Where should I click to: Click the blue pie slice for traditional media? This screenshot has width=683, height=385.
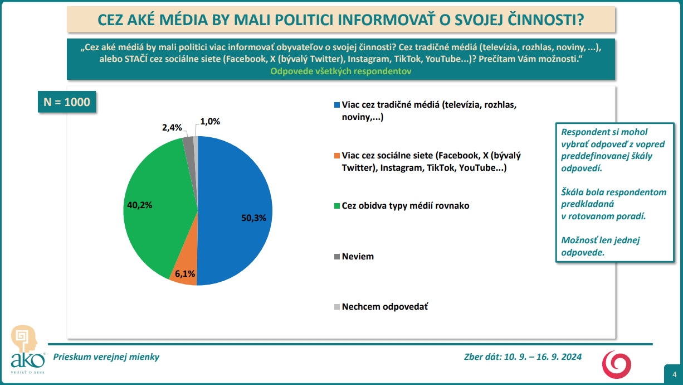pyautogui.click(x=234, y=190)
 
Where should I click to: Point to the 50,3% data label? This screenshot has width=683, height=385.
pyautogui.click(x=253, y=218)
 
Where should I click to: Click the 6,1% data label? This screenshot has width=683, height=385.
pyautogui.click(x=185, y=274)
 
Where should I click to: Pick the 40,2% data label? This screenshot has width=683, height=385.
pyautogui.click(x=140, y=205)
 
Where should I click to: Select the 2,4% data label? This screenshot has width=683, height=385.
pyautogui.click(x=172, y=128)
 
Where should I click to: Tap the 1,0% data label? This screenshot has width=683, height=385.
pyautogui.click(x=210, y=121)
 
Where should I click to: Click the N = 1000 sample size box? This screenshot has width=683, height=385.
pyautogui.click(x=66, y=102)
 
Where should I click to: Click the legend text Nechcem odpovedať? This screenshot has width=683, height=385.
pyautogui.click(x=384, y=307)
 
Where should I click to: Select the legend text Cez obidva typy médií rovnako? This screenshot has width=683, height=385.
pyautogui.click(x=406, y=206)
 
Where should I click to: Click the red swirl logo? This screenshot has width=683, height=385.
pyautogui.click(x=617, y=364)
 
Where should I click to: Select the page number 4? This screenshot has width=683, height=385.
pyautogui.click(x=674, y=374)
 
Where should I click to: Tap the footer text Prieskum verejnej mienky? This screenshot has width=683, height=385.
pyautogui.click(x=106, y=357)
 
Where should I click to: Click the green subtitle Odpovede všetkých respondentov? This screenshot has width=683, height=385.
pyautogui.click(x=341, y=71)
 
